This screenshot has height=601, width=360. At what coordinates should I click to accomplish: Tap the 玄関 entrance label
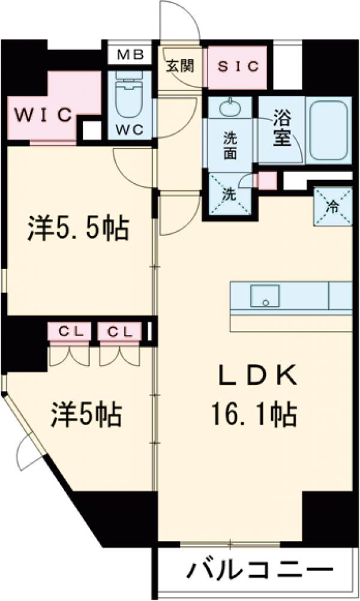(180, 66)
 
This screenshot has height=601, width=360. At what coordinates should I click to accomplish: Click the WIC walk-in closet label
(43, 114)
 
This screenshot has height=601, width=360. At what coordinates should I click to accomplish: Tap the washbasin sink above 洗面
(229, 109)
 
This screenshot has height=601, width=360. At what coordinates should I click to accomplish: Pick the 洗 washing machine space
(229, 193)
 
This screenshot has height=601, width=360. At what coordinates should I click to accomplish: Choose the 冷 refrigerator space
(332, 205)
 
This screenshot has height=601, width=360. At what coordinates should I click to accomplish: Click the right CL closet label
(121, 331)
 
